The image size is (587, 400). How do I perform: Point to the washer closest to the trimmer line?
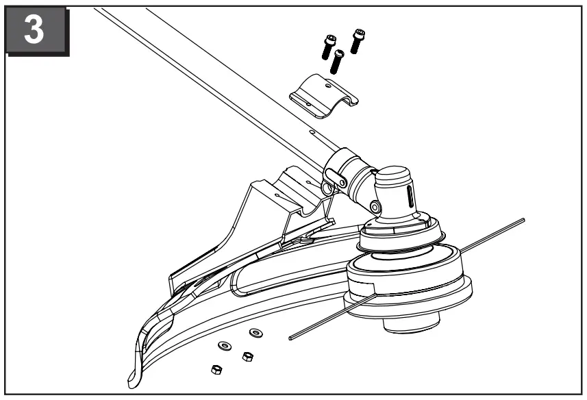pyautogui.click(x=256, y=332)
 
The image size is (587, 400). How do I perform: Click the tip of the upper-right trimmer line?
pyautogui.click(x=522, y=221)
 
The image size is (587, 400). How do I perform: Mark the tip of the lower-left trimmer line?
pyautogui.click(x=292, y=336)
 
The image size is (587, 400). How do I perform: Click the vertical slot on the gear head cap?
pyautogui.click(x=410, y=199)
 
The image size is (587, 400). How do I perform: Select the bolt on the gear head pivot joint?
pyautogui.click(x=375, y=205)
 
